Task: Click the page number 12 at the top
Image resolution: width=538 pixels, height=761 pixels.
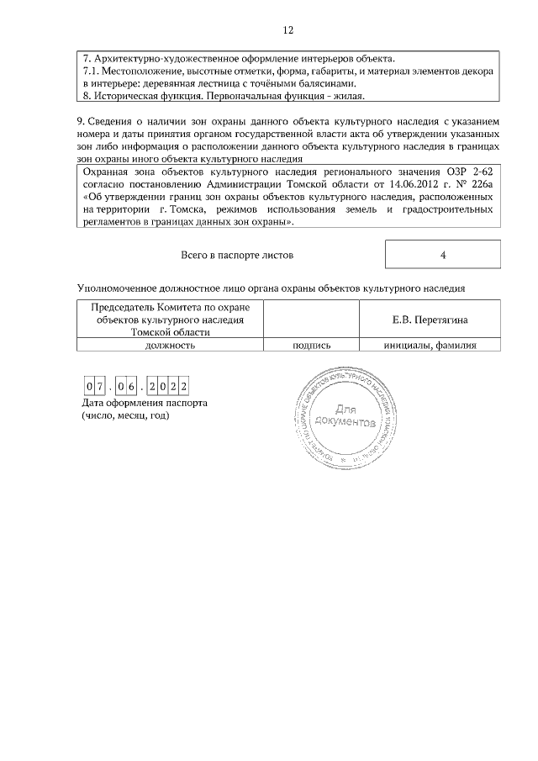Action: (x=287, y=30)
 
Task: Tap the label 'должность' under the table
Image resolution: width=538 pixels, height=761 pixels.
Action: (x=171, y=345)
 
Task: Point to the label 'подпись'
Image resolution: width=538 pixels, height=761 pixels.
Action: (x=311, y=345)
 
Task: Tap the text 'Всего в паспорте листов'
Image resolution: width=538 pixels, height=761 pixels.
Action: (x=238, y=254)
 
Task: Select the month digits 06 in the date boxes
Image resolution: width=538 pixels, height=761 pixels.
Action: (x=126, y=386)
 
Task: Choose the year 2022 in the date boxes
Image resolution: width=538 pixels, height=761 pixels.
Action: (x=168, y=386)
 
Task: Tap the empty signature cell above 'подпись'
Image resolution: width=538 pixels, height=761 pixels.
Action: (x=311, y=320)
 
